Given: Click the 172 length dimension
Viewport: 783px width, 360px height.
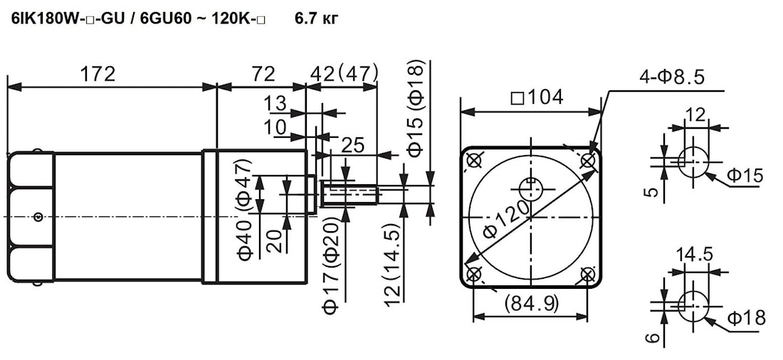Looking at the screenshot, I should point(97,73).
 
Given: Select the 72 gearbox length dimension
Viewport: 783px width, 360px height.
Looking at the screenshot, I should point(263,73).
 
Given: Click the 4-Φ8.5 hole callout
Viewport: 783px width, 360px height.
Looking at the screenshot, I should point(671,77).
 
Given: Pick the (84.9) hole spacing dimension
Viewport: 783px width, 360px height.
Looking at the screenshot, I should point(530,305).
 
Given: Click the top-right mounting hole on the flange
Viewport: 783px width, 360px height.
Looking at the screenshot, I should point(588,161).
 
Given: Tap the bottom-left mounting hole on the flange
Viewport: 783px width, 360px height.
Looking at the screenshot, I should point(473,274).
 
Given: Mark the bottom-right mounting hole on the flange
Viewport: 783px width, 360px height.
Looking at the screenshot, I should point(588,274).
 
